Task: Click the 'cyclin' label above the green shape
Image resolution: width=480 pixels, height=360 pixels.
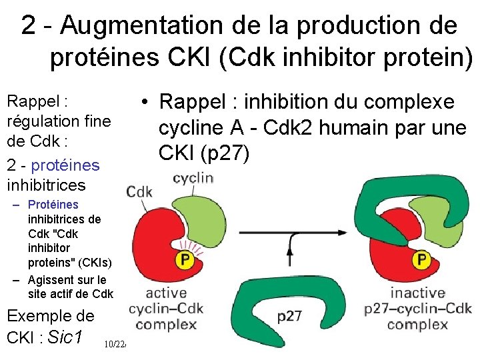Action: point(193,178)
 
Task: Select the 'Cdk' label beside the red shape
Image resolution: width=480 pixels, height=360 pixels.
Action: point(139,192)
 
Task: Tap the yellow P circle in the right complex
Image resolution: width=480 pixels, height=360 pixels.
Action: point(421,259)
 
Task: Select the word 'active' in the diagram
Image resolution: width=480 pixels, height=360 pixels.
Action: point(166,293)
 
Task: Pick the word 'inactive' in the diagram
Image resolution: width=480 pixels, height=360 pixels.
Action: point(418,293)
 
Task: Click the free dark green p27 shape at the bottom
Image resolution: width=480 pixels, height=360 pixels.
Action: point(247,313)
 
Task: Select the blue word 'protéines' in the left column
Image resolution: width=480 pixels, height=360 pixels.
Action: point(65,164)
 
